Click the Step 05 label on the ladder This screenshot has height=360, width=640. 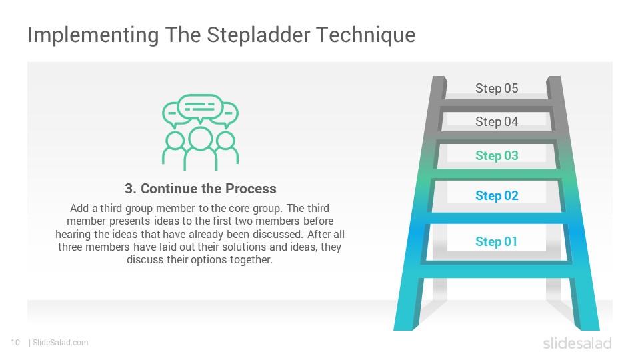(x=496, y=88)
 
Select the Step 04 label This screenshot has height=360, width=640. (x=496, y=121)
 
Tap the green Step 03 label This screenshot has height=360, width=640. (x=496, y=155)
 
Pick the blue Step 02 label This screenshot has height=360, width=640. (x=496, y=195)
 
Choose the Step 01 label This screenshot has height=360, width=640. (x=496, y=241)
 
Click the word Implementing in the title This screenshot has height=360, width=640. (x=93, y=35)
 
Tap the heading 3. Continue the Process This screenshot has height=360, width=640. (x=201, y=189)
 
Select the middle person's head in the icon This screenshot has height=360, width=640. (x=200, y=139)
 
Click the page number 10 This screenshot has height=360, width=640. (x=15, y=343)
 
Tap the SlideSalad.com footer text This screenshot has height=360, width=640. (x=60, y=343)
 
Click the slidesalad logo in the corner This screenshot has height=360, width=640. (x=577, y=343)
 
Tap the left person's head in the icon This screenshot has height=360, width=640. (x=175, y=141)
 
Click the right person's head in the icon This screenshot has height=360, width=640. (x=225, y=141)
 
